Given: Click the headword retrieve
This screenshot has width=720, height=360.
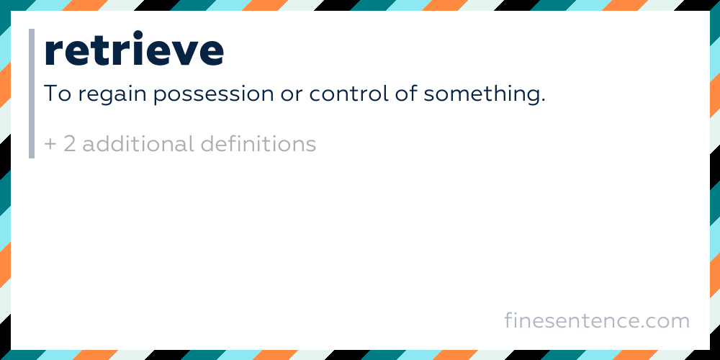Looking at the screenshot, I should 134,50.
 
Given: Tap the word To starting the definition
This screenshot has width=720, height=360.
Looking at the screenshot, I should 58,94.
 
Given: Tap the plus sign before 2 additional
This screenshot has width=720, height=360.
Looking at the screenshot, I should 50,145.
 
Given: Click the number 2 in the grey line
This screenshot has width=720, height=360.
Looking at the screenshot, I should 69,144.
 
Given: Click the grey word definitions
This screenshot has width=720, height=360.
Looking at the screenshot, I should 258,144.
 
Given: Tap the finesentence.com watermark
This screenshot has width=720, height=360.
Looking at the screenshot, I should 597,320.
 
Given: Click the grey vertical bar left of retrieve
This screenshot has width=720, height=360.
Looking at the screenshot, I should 32,94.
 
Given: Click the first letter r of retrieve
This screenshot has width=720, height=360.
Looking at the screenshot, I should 53,52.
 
